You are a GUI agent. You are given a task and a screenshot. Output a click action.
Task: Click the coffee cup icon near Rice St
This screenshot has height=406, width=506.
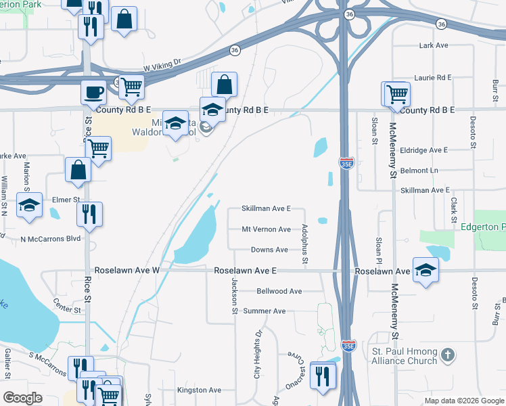93,92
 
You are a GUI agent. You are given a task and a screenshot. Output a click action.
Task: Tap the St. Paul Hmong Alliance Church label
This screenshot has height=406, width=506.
405,356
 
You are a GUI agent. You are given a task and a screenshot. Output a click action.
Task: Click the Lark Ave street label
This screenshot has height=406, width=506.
434,45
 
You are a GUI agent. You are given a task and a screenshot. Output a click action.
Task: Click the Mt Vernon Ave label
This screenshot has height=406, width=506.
266,229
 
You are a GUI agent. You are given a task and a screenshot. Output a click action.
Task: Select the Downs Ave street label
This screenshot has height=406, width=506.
269,250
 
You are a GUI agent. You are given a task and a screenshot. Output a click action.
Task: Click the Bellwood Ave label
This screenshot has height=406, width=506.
279,291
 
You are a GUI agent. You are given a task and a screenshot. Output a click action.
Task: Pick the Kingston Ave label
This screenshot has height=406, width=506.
199,390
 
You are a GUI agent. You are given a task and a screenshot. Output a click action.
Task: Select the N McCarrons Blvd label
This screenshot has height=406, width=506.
50,239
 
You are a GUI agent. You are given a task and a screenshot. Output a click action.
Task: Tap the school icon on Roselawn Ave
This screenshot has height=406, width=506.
425,270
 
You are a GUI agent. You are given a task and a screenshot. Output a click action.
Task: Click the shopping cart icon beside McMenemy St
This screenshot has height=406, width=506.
396,94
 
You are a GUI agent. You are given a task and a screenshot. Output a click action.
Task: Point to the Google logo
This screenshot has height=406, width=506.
23,398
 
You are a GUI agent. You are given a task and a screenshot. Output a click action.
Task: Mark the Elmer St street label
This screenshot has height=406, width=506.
66,200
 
